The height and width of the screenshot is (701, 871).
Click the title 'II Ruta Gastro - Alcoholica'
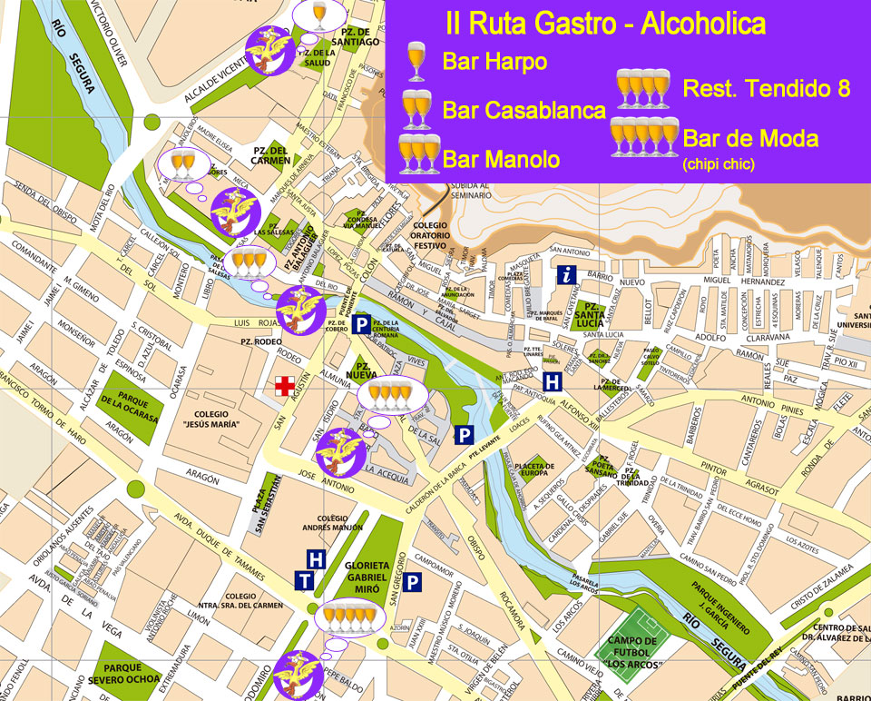click(x=604, y=23)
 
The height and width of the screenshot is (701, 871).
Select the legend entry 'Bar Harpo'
click(x=494, y=62)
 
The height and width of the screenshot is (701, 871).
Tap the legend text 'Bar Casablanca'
click(x=524, y=111)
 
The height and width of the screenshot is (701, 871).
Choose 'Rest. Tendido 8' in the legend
click(x=766, y=89)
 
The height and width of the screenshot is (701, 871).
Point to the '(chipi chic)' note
click(x=719, y=164)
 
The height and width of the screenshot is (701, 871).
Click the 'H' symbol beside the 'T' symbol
click(x=317, y=559)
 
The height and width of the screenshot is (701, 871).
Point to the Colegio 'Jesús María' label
click(x=210, y=417)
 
